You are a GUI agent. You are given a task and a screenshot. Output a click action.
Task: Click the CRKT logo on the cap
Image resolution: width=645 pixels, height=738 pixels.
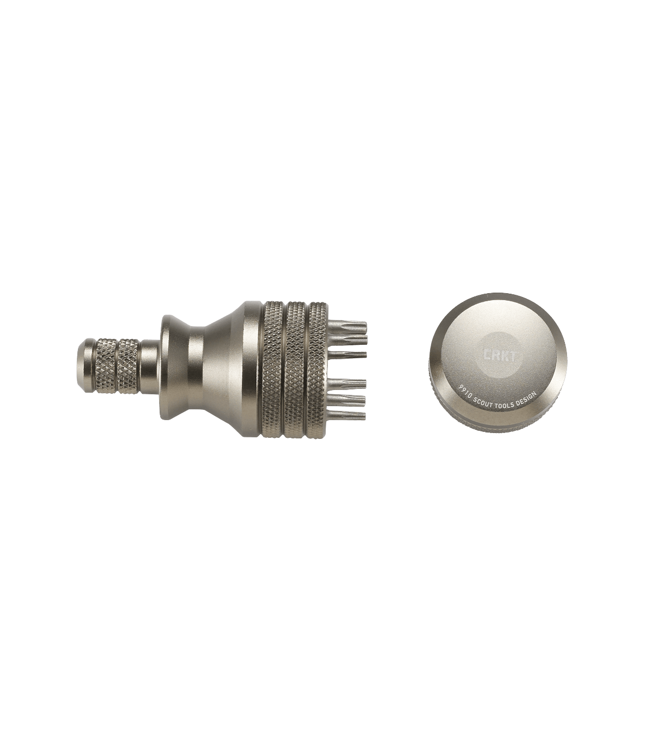(499, 356)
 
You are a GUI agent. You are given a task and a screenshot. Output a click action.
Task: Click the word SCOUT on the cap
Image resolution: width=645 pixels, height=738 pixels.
(485, 397)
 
